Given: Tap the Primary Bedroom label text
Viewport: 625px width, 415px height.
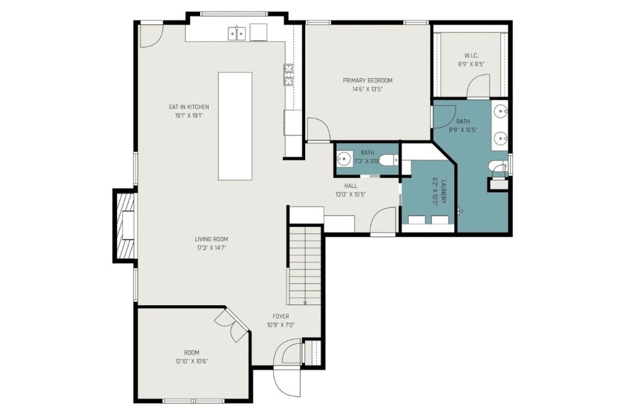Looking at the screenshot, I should (367, 81).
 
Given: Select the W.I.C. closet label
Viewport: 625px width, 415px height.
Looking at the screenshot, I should (471, 56).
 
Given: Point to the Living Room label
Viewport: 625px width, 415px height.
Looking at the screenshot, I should (211, 239).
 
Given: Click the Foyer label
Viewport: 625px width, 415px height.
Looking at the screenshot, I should (281, 316).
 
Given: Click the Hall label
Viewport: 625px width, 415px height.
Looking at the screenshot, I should (350, 186).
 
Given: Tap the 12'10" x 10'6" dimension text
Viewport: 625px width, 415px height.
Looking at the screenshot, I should (192, 361).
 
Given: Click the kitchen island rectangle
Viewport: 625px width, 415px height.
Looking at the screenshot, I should (235, 126).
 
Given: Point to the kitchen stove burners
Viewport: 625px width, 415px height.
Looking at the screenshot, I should (288, 74).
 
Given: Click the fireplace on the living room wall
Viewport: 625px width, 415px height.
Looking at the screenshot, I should (126, 225).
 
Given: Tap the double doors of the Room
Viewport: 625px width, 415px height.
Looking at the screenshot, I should (232, 325).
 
